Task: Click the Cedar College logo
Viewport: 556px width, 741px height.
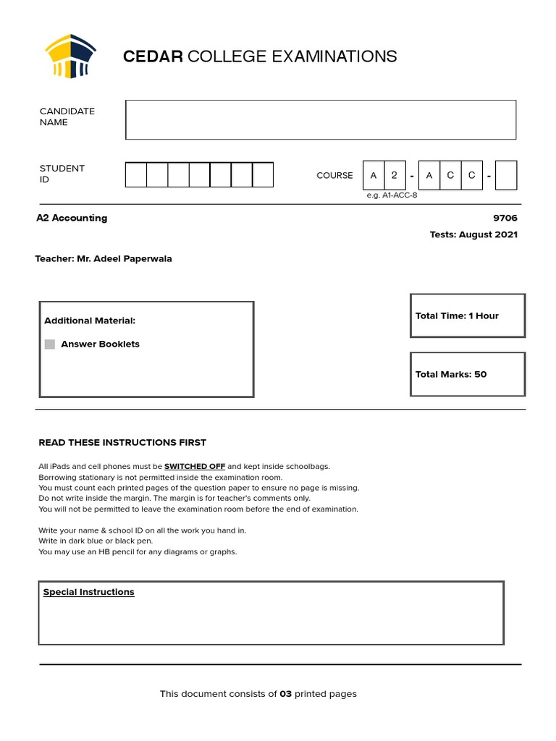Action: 70,56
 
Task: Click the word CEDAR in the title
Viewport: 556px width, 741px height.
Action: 153,56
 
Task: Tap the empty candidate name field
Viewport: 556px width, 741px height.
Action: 320,119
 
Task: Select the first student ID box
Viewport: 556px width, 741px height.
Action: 136,174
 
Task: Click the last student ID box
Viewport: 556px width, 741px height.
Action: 263,174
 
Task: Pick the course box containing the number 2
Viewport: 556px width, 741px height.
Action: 395,175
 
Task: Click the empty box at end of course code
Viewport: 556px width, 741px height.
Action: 506,175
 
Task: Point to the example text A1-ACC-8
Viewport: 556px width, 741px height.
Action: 392,195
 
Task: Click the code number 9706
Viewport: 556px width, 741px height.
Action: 505,218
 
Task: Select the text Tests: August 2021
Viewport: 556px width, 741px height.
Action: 473,234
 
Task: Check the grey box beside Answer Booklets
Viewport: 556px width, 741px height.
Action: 50,344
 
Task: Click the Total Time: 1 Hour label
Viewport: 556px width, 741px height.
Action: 457,316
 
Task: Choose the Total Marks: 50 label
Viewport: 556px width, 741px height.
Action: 451,374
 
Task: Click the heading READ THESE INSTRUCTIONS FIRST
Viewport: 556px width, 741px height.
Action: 122,442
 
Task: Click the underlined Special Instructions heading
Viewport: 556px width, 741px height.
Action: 88,592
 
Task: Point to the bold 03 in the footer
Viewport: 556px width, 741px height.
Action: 285,694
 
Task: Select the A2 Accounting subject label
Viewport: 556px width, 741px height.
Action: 72,218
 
